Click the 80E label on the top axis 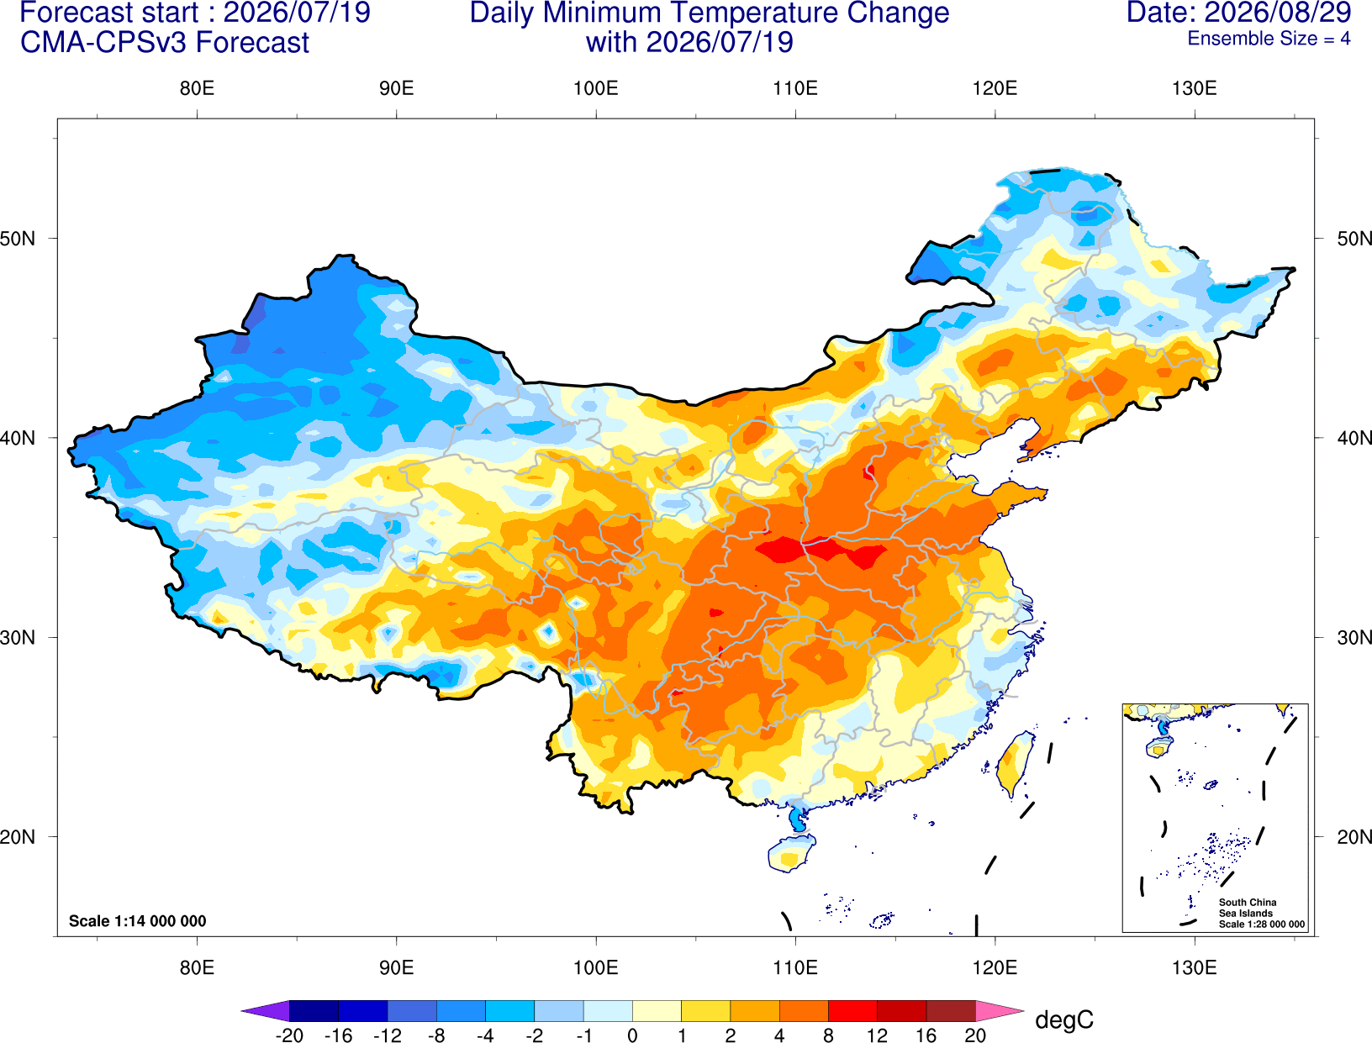point(197,88)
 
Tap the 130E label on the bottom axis point(1194,968)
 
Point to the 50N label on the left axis point(18,239)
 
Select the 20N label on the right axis point(1354,837)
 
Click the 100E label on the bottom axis point(596,968)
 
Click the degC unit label point(1063,1019)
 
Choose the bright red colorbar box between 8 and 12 point(852,1010)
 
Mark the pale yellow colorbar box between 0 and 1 point(657,1010)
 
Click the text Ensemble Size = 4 point(1269,39)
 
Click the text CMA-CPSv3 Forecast point(165,43)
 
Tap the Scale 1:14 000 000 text point(138,920)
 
